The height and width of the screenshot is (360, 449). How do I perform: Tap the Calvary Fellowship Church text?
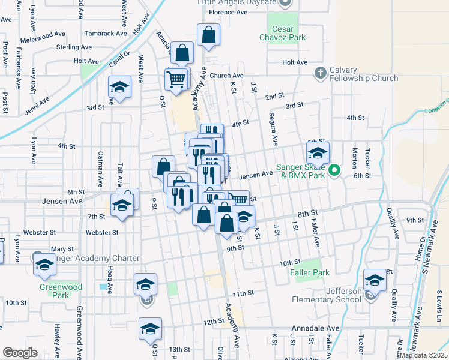pos(364,74)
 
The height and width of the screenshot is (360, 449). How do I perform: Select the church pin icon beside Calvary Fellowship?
pos(320,73)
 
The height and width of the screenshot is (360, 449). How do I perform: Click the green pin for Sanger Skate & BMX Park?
pos(336,170)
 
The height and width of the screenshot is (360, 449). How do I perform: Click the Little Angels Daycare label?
pos(237,2)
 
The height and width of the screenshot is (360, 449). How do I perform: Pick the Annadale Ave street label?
pos(316,329)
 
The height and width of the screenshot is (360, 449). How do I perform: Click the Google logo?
pos(20,353)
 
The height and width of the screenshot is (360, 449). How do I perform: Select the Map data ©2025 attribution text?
pos(423,355)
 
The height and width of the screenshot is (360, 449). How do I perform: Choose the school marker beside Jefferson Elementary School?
pos(375,280)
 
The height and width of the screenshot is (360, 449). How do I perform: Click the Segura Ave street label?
pos(273,129)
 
